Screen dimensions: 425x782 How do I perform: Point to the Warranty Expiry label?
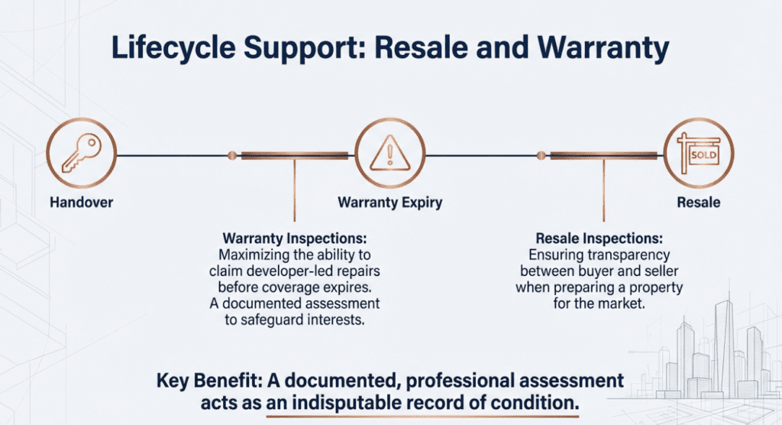click(389, 203)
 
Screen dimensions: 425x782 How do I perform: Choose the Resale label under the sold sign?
click(698, 203)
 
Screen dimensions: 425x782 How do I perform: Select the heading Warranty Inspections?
click(294, 238)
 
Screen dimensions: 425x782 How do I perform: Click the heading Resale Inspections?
click(604, 238)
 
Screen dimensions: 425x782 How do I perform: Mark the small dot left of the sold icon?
click(541, 156)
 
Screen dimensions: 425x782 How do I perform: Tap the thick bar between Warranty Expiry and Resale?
click(604, 156)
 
